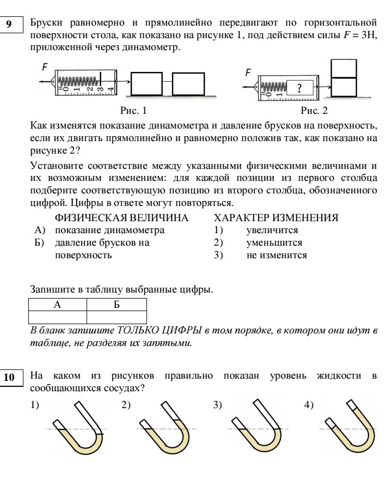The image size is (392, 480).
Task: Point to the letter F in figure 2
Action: (249, 72)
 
